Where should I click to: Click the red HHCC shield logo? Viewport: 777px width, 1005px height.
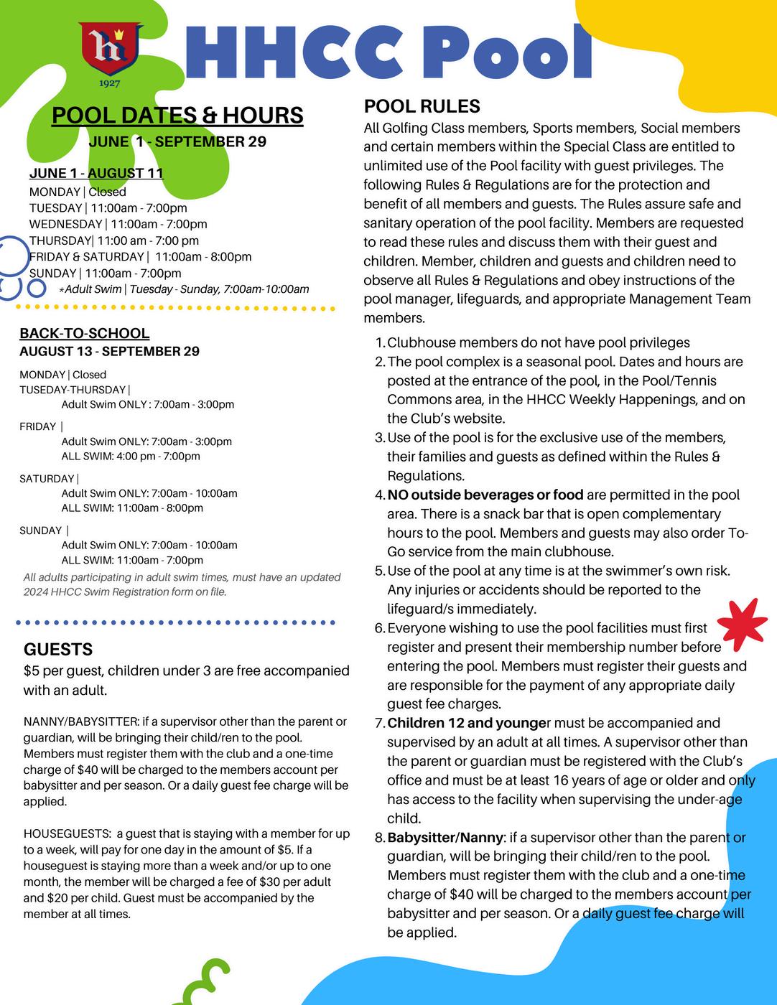pyautogui.click(x=110, y=50)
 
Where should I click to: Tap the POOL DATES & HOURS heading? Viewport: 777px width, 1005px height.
pyautogui.click(x=177, y=116)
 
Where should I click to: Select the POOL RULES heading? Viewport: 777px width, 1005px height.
pyautogui.click(x=422, y=106)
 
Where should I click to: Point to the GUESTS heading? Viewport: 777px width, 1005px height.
pyautogui.click(x=58, y=650)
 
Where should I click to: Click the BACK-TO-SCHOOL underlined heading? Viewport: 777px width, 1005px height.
pyautogui.click(x=84, y=333)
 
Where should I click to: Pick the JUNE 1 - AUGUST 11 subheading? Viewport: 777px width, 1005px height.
pyautogui.click(x=96, y=173)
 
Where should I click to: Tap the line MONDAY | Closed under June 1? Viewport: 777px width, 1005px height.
pyautogui.click(x=78, y=192)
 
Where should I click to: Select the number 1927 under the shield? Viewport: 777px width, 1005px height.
pyautogui.click(x=110, y=84)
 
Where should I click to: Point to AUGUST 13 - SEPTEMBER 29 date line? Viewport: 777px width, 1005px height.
pyautogui.click(x=109, y=351)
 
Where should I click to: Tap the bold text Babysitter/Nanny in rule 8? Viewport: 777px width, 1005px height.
pyautogui.click(x=446, y=838)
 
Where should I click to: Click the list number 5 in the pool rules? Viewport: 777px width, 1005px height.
pyautogui.click(x=380, y=571)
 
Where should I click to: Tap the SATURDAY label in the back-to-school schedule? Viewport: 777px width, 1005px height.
pyautogui.click(x=47, y=479)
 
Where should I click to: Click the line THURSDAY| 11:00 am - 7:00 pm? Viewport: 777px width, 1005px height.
pyautogui.click(x=113, y=240)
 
